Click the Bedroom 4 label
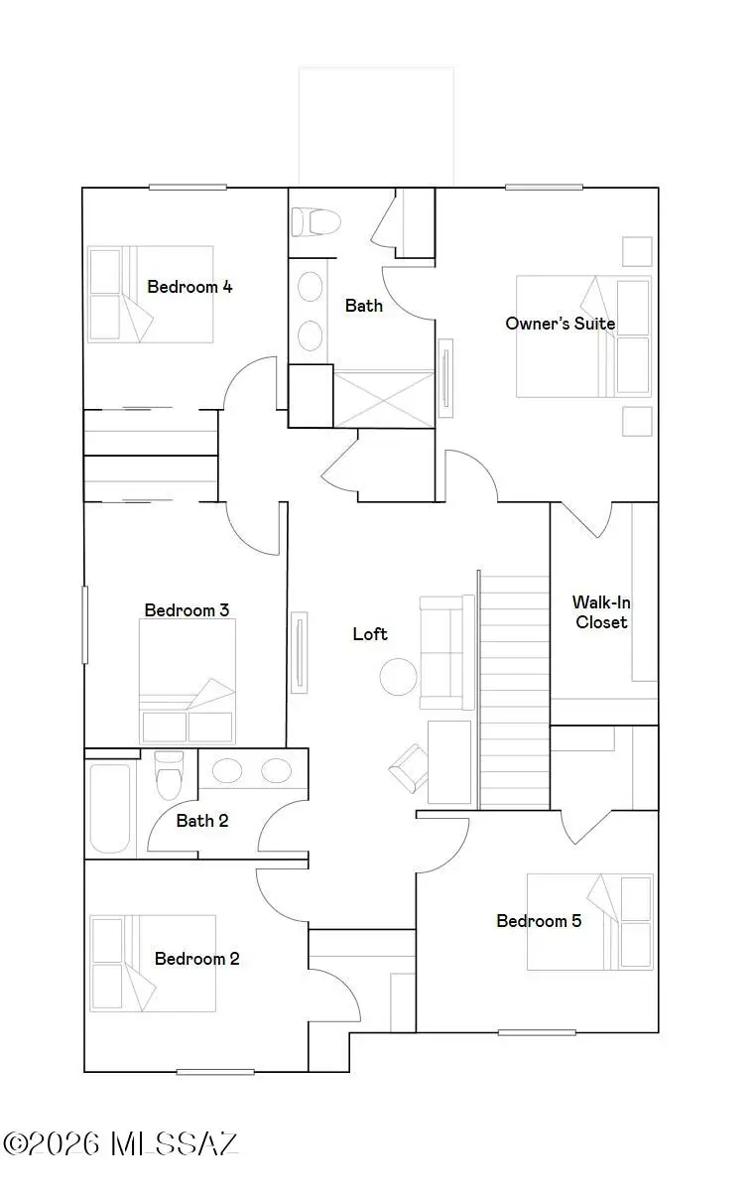189,287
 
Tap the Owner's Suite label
560,324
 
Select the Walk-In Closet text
600,612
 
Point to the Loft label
370,634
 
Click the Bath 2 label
202,821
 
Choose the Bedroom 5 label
539,921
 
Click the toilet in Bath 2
170,776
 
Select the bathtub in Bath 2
109,808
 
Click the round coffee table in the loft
399,678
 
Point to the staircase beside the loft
514,690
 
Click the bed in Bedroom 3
188,682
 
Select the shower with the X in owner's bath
384,399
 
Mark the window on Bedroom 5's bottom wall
537,1032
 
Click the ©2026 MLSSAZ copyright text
121,1143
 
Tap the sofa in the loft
447,652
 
